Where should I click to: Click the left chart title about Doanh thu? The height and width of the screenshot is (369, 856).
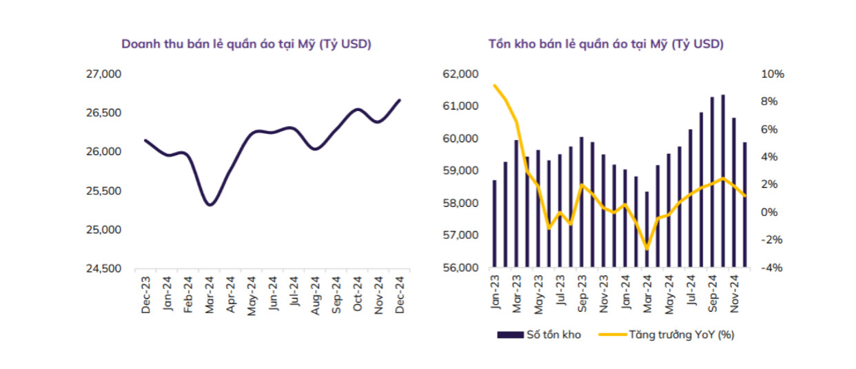(246, 44)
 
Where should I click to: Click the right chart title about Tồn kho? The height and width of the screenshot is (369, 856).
(606, 44)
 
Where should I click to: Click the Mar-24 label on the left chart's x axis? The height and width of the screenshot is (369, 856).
(210, 295)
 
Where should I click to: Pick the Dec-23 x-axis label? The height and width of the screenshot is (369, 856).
(146, 295)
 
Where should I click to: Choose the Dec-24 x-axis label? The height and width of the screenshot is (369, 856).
(400, 295)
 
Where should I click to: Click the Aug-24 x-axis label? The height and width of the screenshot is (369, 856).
(315, 295)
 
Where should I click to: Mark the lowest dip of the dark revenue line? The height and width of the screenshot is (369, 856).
(210, 204)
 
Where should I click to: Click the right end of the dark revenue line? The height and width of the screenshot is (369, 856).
(400, 100)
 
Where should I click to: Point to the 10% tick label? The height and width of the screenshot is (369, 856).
(771, 74)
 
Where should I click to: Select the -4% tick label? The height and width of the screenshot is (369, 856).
(771, 268)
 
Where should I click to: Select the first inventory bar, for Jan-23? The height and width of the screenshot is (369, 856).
(494, 223)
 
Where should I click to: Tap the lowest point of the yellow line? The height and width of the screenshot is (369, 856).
(646, 248)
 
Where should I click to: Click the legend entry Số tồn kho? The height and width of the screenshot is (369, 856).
(540, 335)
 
